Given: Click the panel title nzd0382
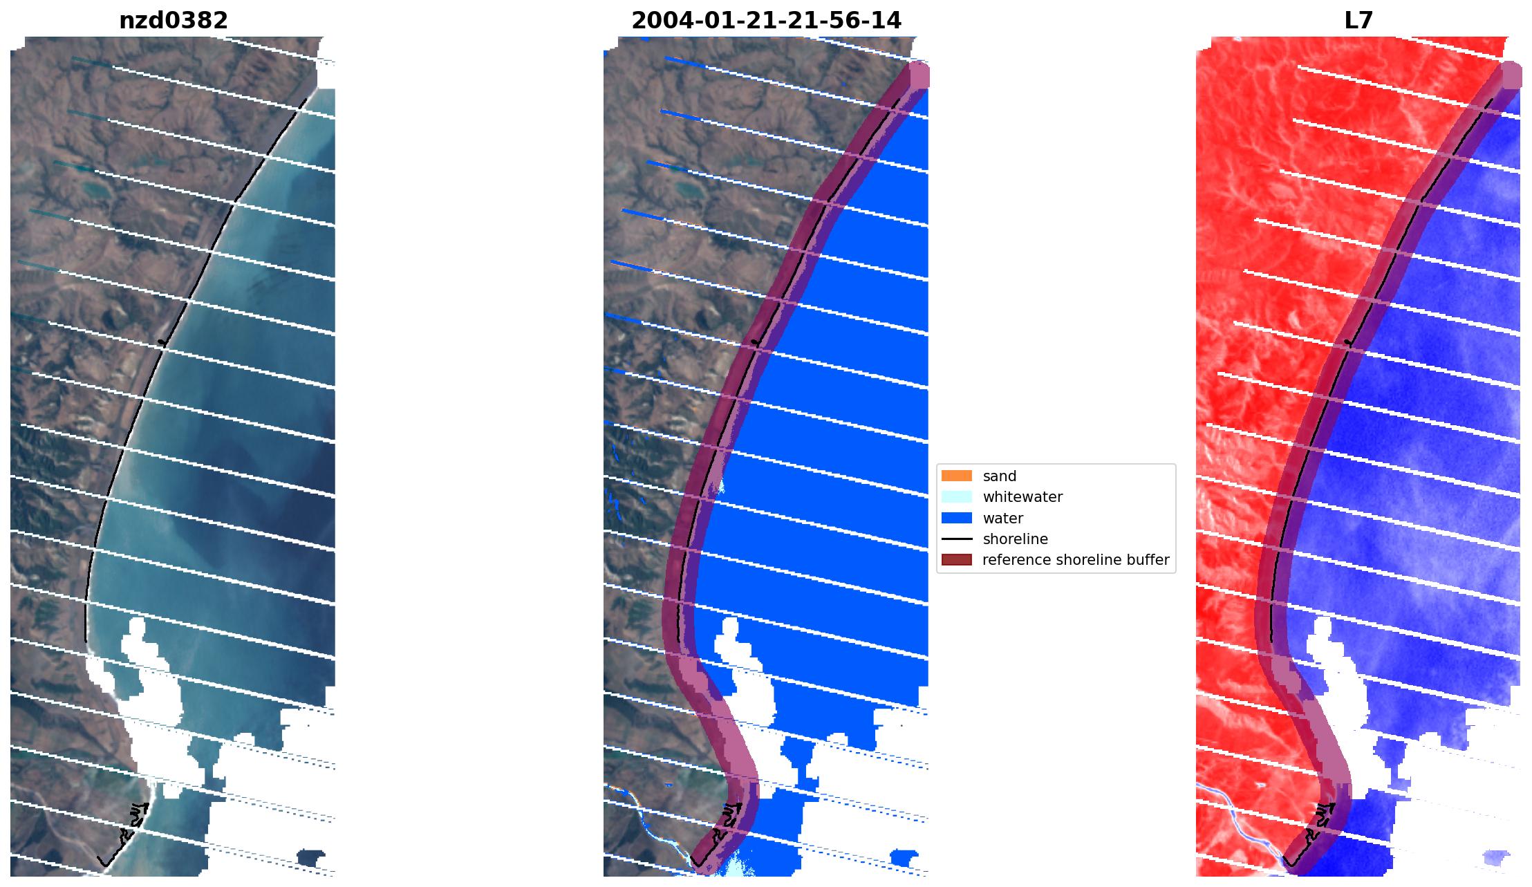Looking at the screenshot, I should coord(174,21).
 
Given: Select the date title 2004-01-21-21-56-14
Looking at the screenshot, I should coord(766,21).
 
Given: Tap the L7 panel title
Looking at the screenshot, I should coord(1358,21).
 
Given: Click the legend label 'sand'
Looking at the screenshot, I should coord(999,476).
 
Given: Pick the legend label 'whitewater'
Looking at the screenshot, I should coord(1022,497).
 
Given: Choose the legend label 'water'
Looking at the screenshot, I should coord(1002,519).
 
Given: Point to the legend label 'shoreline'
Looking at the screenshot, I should coord(1015,539).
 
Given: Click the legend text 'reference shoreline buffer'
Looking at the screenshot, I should coord(1075,560).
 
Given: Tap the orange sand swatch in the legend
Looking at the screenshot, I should coord(956,476).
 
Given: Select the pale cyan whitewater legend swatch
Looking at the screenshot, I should coord(956,497).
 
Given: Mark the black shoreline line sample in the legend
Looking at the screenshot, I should coord(956,539).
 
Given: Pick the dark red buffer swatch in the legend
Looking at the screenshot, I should coord(956,560).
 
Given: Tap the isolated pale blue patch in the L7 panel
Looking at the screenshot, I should coord(1495,858).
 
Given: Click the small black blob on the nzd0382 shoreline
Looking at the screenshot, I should coord(162,342).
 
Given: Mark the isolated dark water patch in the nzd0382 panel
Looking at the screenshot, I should coord(310,859).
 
